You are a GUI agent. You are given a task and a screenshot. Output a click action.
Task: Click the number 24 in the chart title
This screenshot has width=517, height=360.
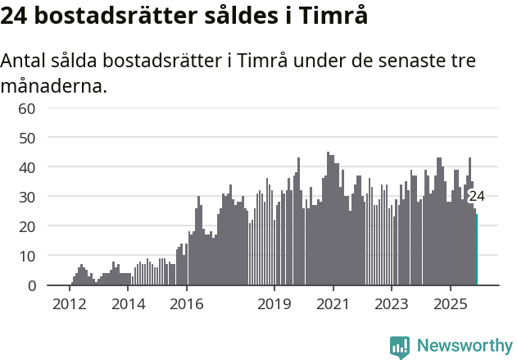[x=15, y=16]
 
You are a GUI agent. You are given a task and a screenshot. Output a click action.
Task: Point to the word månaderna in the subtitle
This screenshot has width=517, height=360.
[x=53, y=85]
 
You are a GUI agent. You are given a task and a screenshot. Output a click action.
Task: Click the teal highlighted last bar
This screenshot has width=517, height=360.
[x=477, y=250]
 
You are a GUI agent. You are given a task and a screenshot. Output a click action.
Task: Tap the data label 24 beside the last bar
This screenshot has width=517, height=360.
[x=477, y=196]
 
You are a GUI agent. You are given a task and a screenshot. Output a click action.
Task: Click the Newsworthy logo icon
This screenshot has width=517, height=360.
[x=400, y=347]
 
